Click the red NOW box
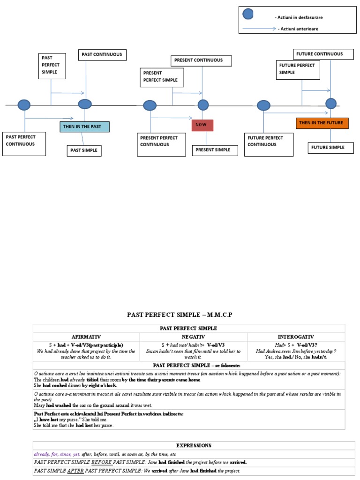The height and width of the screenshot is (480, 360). pyautogui.click(x=202, y=125)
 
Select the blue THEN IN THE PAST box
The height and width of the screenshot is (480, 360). pyautogui.click(x=84, y=127)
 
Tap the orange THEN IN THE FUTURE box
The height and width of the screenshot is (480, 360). pyautogui.click(x=322, y=123)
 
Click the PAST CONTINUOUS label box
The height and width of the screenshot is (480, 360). pyautogui.click(x=102, y=55)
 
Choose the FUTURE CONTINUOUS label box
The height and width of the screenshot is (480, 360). pyautogui.click(x=319, y=54)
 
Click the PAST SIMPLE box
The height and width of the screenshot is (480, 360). pyautogui.click(x=84, y=150)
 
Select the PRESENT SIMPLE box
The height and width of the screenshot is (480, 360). pyautogui.click(x=212, y=150)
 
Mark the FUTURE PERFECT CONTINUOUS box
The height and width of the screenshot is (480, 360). pyautogui.click(x=269, y=144)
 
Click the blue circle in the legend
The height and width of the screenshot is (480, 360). pyautogui.click(x=248, y=14)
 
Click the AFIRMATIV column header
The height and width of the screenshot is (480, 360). pyautogui.click(x=86, y=337)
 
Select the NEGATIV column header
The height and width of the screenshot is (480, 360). pyautogui.click(x=193, y=337)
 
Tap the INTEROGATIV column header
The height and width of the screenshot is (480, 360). pyautogui.click(x=296, y=337)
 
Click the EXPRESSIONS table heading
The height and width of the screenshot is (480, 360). pyautogui.click(x=194, y=445)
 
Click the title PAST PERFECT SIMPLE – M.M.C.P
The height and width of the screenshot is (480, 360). pyautogui.click(x=180, y=315)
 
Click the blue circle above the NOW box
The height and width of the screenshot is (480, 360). pyautogui.click(x=203, y=105)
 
